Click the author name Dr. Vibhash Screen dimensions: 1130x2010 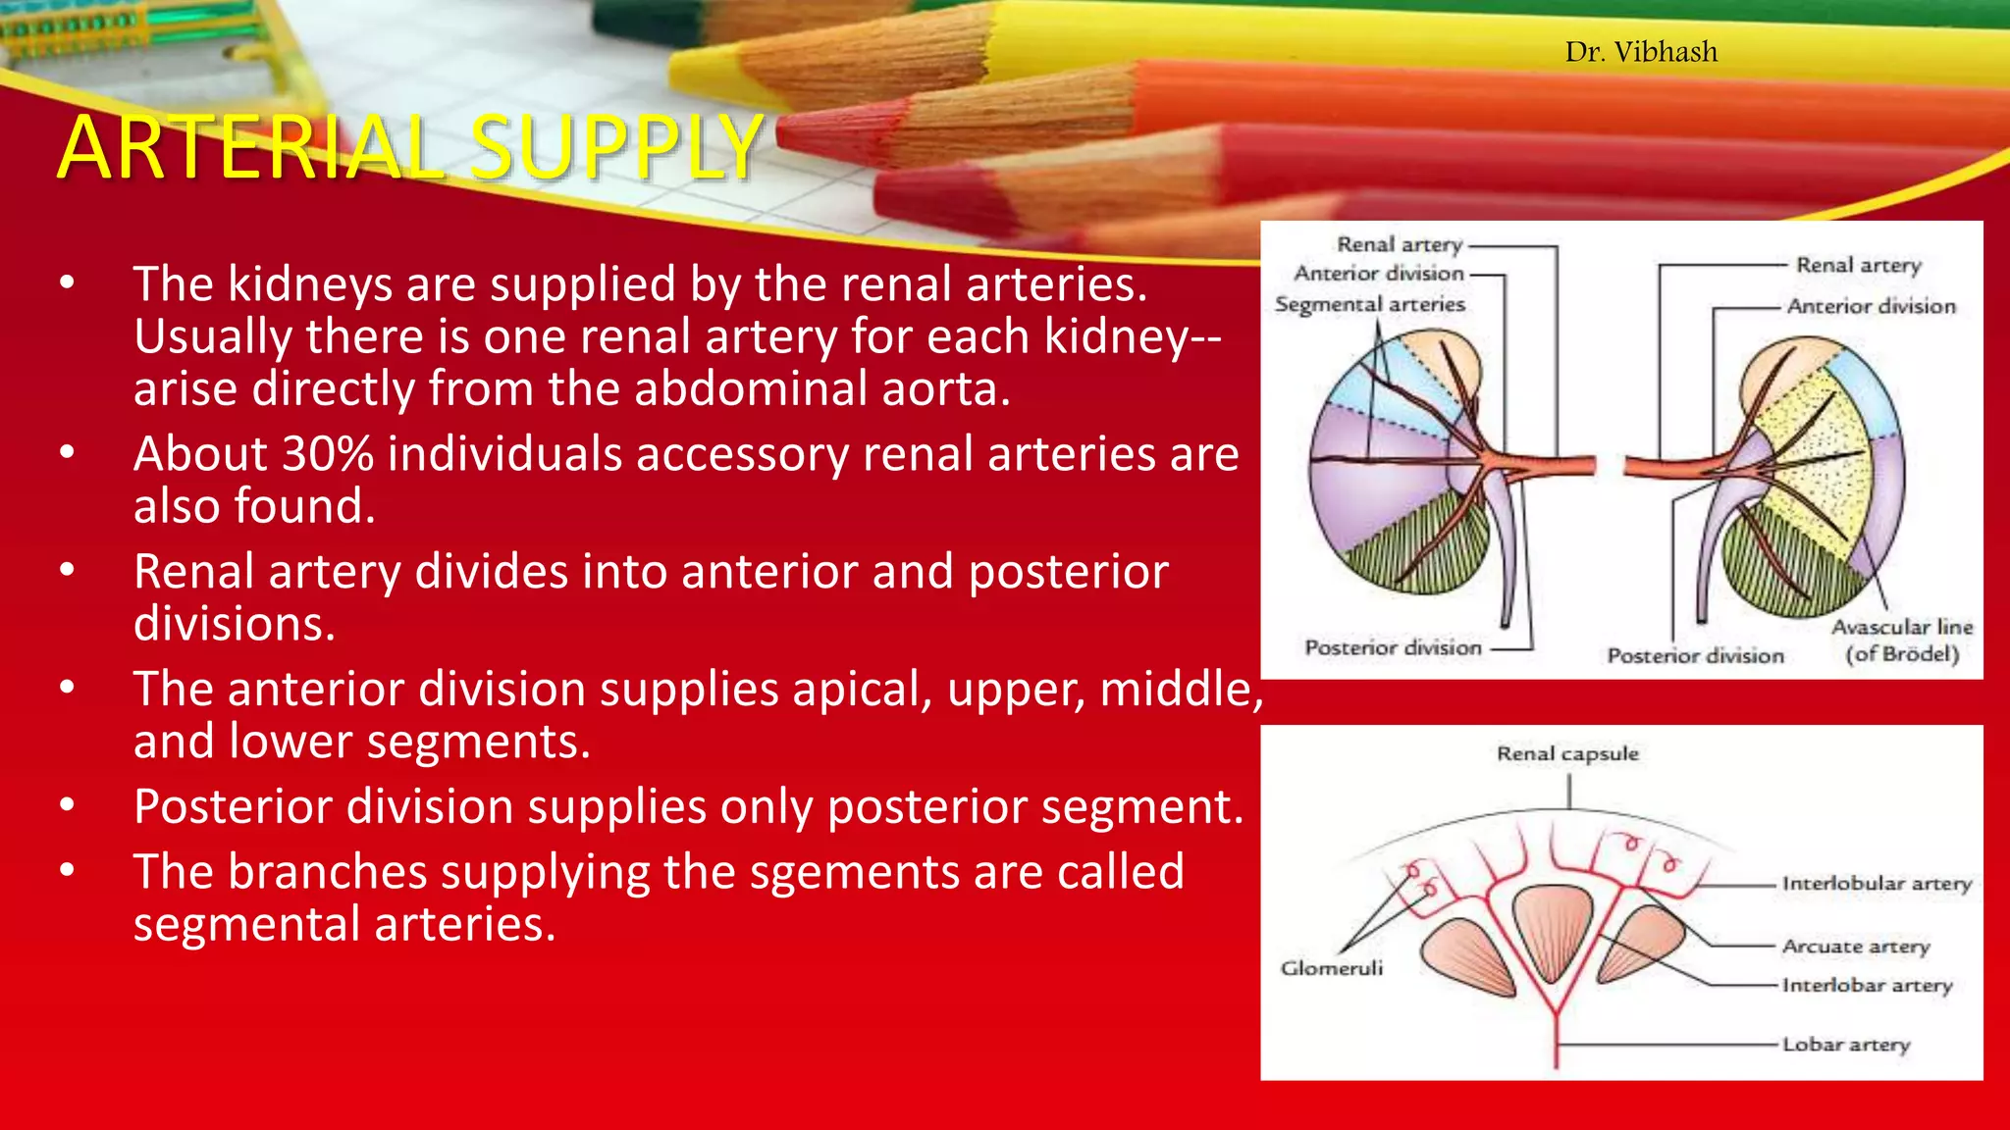tap(1641, 51)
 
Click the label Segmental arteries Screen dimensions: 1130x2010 tap(1369, 305)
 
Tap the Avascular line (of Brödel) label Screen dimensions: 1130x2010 tap(1901, 641)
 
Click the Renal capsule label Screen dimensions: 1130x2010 tap(1567, 753)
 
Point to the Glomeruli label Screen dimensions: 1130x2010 tap(1331, 968)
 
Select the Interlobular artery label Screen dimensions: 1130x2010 tap(1877, 884)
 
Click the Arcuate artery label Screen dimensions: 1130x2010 tap(1855, 947)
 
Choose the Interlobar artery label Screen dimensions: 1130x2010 tap(1867, 985)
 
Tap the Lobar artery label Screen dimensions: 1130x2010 tap(1845, 1045)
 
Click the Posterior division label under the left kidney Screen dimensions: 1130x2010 tap(1393, 647)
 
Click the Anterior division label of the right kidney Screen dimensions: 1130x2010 tap(1871, 306)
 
